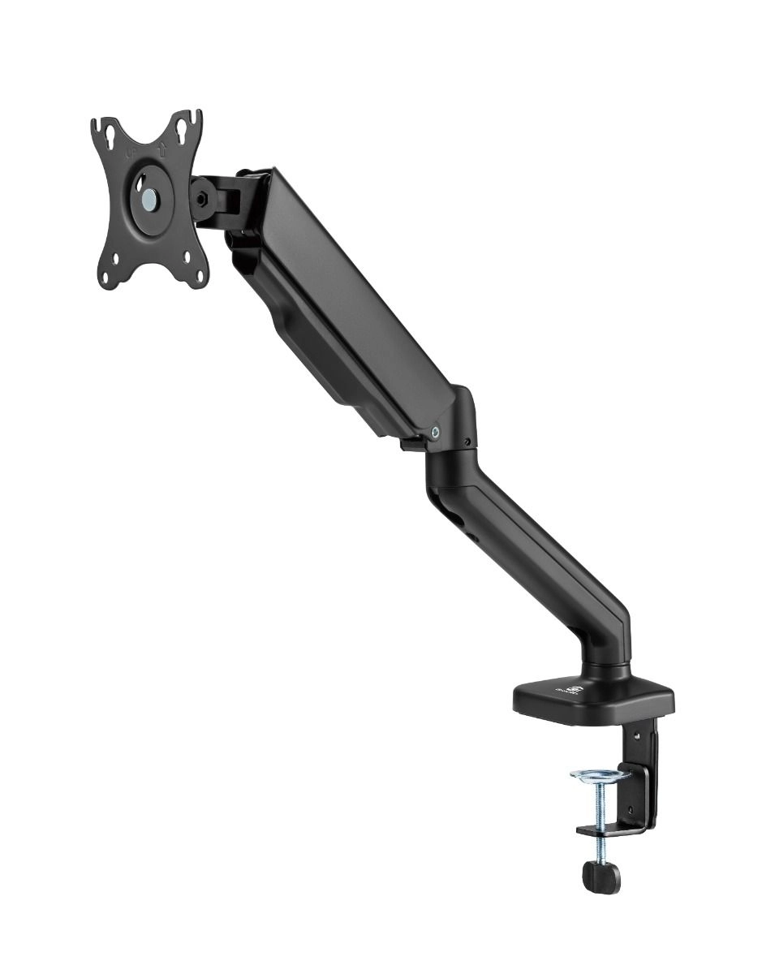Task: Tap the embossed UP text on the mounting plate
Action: point(131,151)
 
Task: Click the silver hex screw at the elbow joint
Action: point(437,433)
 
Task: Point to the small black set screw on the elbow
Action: point(467,442)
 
